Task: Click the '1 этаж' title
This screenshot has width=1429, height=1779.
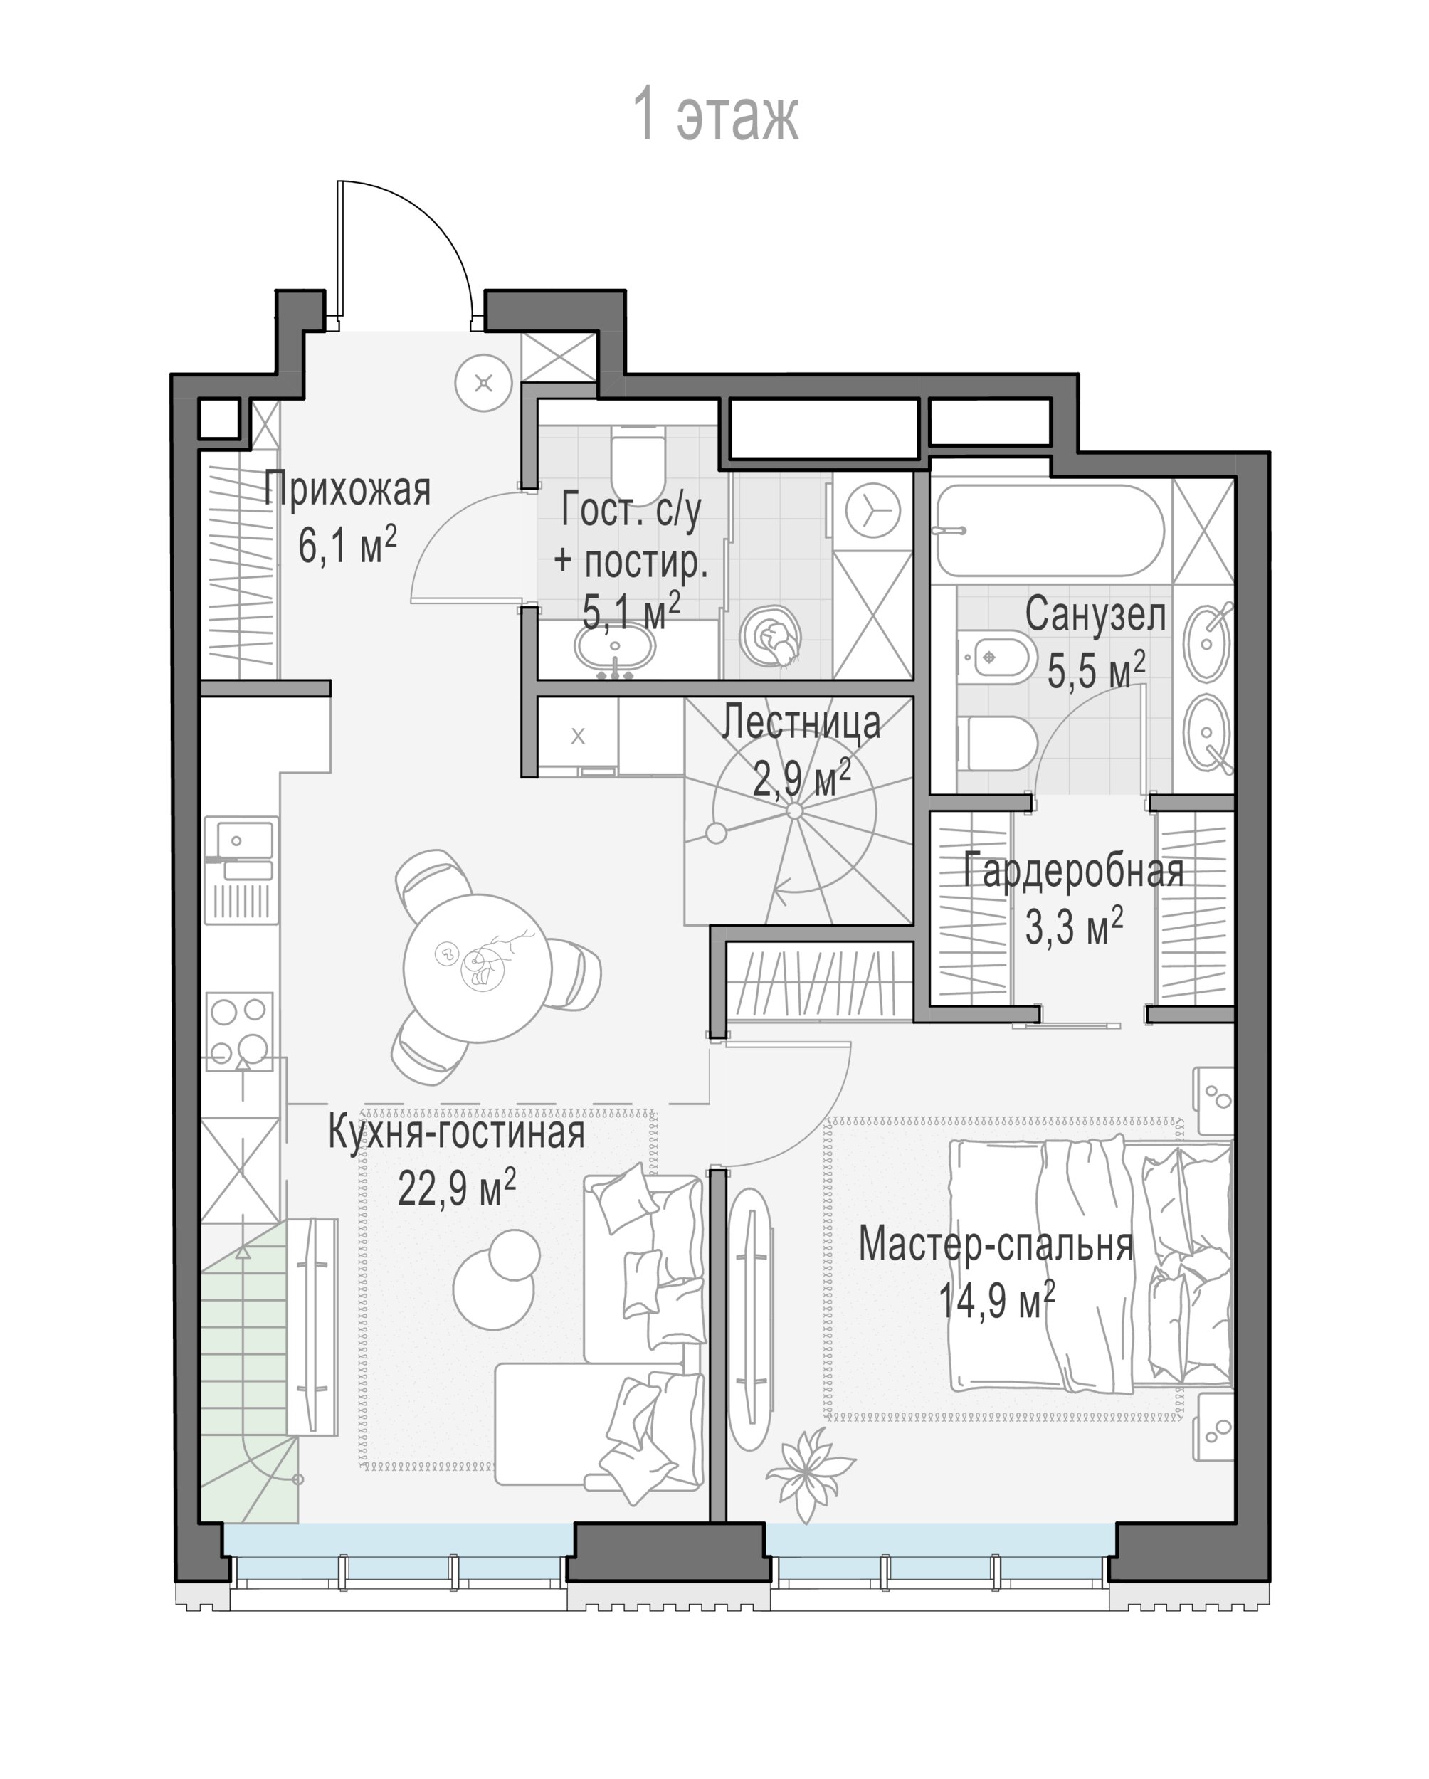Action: pyautogui.click(x=715, y=116)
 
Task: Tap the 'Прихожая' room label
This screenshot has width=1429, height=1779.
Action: pyautogui.click(x=347, y=490)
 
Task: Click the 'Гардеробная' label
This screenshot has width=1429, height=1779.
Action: pyautogui.click(x=1073, y=871)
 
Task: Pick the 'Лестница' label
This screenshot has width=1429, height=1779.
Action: pyautogui.click(x=801, y=723)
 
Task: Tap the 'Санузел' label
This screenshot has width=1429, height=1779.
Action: pyautogui.click(x=1096, y=616)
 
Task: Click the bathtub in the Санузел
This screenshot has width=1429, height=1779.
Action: pyautogui.click(x=1050, y=529)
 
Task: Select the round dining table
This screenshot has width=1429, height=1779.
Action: pyautogui.click(x=477, y=968)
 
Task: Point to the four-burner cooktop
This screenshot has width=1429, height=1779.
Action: pyautogui.click(x=239, y=1030)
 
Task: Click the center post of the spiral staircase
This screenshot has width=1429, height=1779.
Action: pyautogui.click(x=794, y=812)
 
